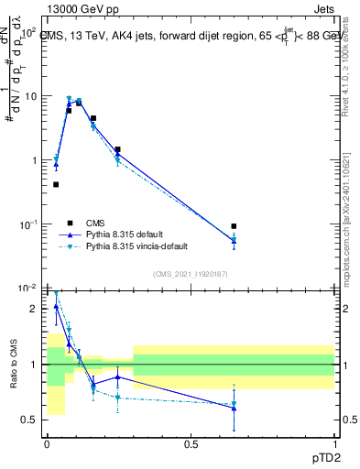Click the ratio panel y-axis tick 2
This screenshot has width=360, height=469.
tap(35, 309)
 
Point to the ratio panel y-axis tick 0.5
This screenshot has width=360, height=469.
tap(31, 420)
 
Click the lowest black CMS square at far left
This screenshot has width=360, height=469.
tap(56, 184)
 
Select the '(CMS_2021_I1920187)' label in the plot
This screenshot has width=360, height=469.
tap(189, 273)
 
